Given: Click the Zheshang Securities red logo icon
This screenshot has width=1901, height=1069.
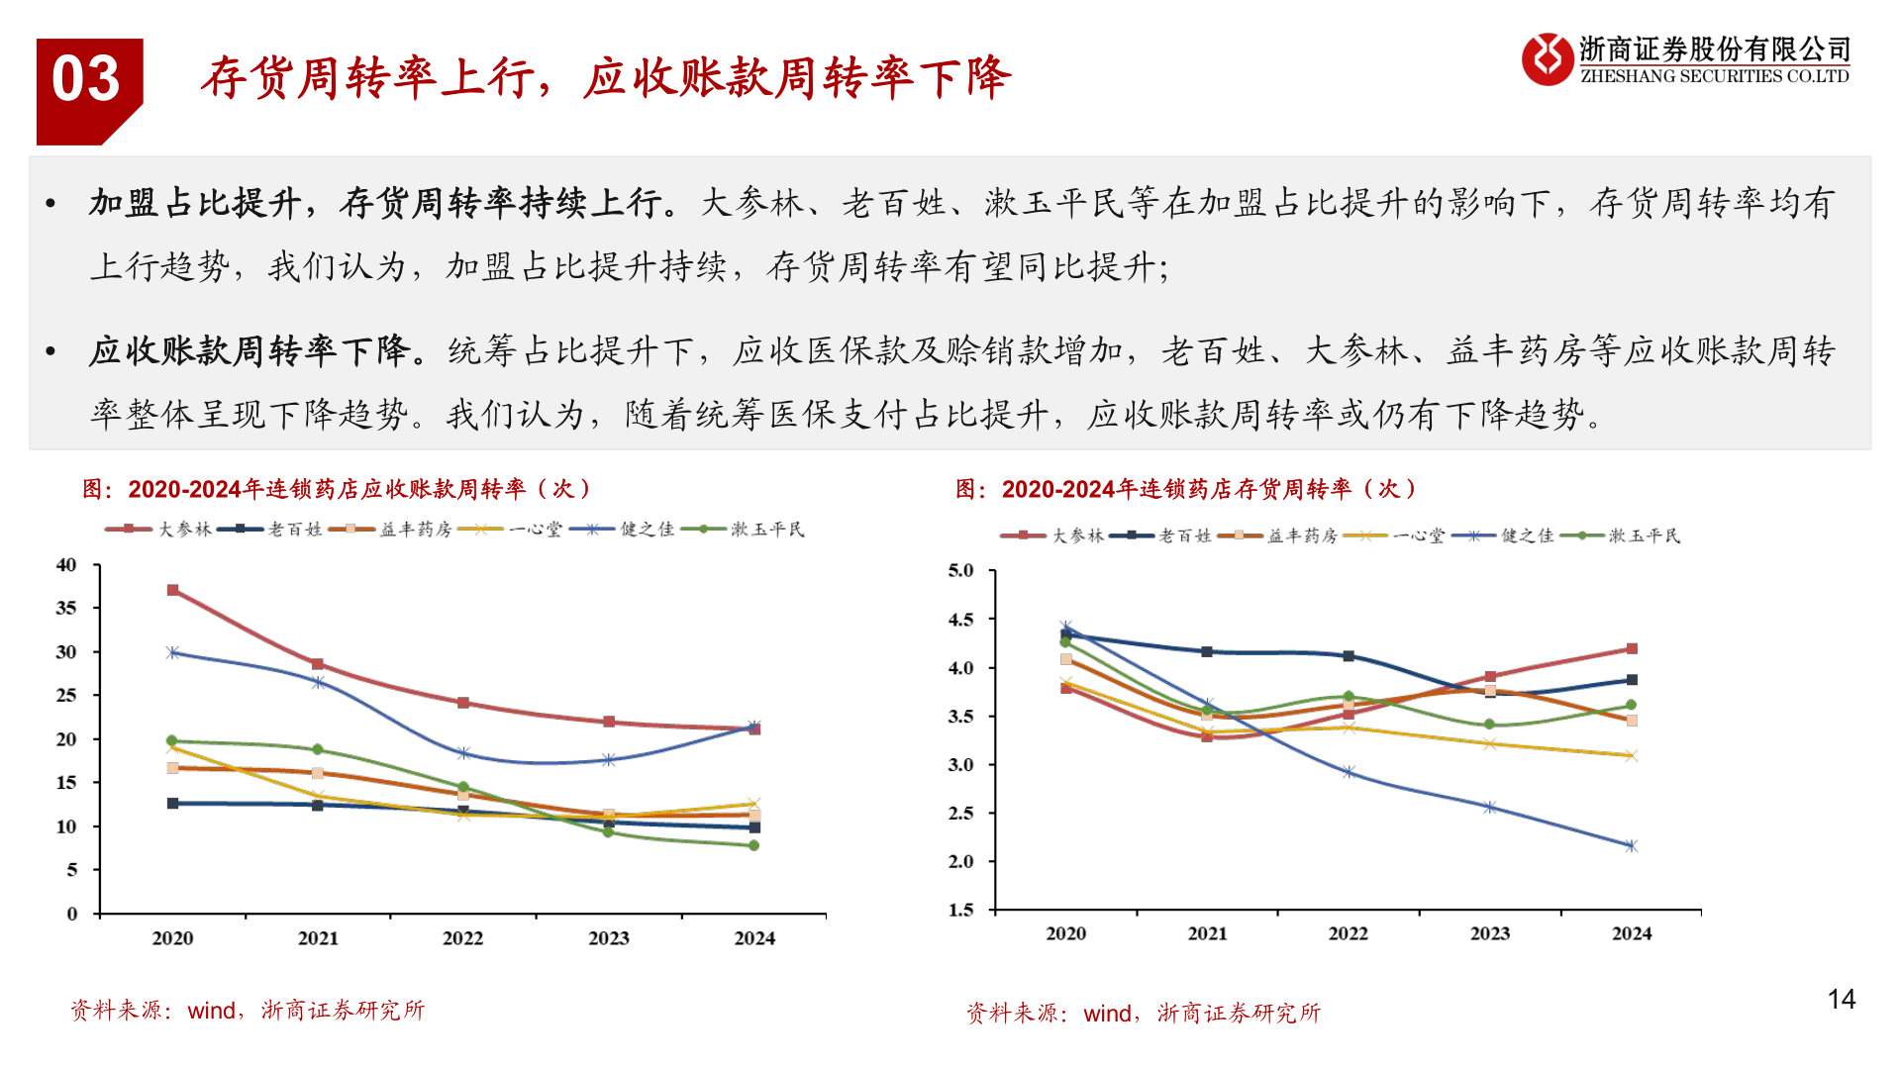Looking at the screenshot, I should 1547,59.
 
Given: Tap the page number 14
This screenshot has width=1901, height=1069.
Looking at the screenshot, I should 1841,1000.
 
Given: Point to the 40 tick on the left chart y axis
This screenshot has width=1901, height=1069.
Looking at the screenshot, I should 66,565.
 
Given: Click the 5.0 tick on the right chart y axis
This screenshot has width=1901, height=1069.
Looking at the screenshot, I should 960,571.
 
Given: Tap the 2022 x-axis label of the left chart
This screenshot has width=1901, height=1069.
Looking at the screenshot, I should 463,938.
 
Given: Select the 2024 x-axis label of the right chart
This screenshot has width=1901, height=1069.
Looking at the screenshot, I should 1632,933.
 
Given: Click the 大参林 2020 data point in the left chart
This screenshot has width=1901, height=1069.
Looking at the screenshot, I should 173,590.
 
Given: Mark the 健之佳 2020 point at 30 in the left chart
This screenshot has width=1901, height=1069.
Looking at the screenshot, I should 173,652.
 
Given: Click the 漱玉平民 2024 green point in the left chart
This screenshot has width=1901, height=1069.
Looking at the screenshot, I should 754,845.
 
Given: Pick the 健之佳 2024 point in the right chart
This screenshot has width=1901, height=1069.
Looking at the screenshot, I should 1632,846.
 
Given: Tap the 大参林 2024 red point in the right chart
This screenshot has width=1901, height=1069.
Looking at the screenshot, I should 1632,649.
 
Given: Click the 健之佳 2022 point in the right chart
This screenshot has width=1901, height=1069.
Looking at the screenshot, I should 1349,772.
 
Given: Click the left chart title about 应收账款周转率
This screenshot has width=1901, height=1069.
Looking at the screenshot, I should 337,489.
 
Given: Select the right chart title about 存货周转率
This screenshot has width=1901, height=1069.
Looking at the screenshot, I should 1185,489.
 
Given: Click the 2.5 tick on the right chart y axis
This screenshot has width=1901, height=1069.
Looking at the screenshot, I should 960,814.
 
